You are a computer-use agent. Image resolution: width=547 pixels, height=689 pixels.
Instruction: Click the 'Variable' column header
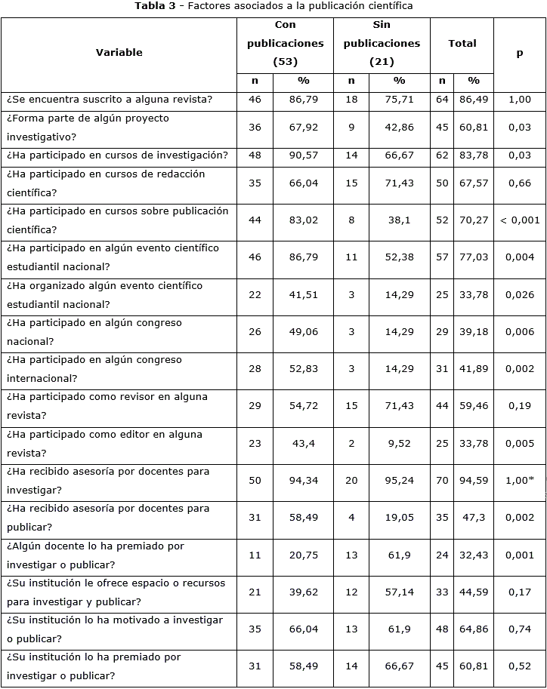click(119, 52)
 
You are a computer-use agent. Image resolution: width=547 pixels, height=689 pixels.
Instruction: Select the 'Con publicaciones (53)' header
click(285, 43)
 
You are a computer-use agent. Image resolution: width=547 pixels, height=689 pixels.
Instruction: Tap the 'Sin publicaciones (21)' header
click(382, 43)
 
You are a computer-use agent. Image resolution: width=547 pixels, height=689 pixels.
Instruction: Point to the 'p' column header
click(520, 53)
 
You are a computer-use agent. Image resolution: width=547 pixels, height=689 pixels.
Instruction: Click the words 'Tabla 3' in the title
click(155, 6)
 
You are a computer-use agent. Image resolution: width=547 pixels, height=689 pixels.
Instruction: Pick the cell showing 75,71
click(399, 100)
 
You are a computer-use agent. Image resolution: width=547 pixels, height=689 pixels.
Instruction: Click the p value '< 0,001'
click(520, 220)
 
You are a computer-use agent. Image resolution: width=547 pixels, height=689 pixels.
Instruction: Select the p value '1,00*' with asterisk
click(520, 480)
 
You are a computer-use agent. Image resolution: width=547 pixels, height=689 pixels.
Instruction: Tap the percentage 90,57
click(304, 155)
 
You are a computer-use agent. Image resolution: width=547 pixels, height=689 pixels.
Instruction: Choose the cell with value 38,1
click(399, 220)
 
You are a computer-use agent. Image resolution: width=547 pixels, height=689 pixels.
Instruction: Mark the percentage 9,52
click(399, 444)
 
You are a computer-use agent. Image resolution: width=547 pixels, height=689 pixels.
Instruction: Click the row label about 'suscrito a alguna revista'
click(110, 100)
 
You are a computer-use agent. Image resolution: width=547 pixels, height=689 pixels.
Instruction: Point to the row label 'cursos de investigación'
click(117, 155)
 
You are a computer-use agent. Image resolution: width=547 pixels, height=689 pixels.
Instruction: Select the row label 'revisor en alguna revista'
click(107, 406)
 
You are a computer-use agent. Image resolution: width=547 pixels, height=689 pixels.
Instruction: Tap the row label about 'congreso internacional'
click(94, 369)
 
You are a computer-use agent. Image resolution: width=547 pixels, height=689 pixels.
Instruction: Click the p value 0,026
click(520, 295)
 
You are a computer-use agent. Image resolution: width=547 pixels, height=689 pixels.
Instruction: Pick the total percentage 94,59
click(474, 480)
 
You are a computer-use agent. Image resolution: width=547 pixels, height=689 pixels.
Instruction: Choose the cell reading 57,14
click(399, 592)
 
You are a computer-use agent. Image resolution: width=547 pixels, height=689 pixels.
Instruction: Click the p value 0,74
click(520, 629)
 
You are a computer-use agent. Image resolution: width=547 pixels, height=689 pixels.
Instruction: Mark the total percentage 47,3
click(474, 518)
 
